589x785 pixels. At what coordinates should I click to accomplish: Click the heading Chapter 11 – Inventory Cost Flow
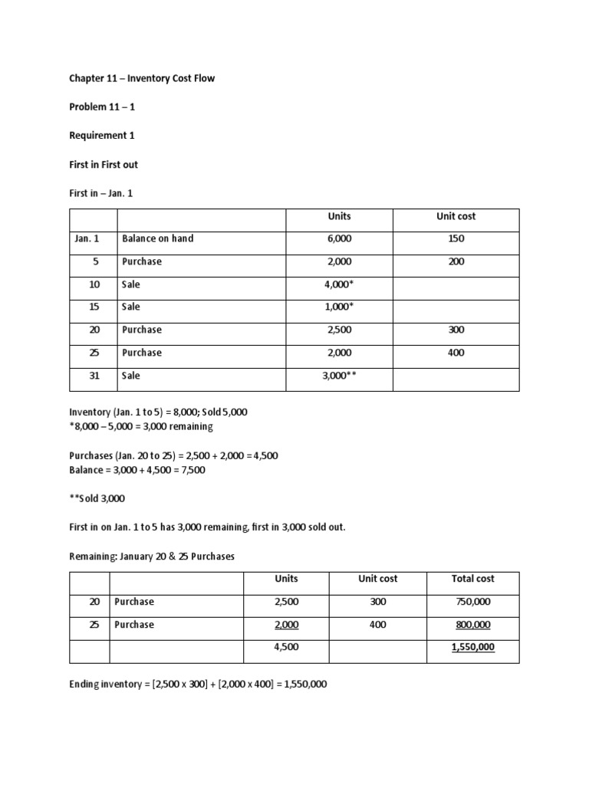[x=142, y=78]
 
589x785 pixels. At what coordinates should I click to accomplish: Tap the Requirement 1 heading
[x=101, y=136]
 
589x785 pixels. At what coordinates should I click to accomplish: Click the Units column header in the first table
[x=338, y=216]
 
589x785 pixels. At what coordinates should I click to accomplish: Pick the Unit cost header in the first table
[x=456, y=216]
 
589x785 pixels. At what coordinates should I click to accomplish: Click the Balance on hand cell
[x=157, y=238]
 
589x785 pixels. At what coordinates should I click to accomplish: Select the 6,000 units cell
[x=338, y=238]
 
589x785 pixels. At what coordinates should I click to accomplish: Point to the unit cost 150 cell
[x=456, y=238]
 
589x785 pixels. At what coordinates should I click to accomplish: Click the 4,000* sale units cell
[x=338, y=284]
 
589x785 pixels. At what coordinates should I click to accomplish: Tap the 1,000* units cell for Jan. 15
[x=338, y=307]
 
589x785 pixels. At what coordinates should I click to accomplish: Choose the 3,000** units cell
[x=338, y=376]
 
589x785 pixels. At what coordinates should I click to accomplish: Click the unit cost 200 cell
[x=456, y=261]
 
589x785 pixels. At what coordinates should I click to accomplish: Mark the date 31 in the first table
[x=96, y=376]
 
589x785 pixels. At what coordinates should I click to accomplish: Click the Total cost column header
[x=472, y=579]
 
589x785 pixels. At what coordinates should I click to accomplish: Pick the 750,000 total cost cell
[x=472, y=602]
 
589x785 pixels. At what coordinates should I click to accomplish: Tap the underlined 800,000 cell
[x=472, y=625]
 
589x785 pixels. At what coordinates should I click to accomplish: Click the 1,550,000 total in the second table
[x=472, y=647]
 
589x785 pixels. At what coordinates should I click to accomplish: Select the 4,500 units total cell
[x=285, y=647]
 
